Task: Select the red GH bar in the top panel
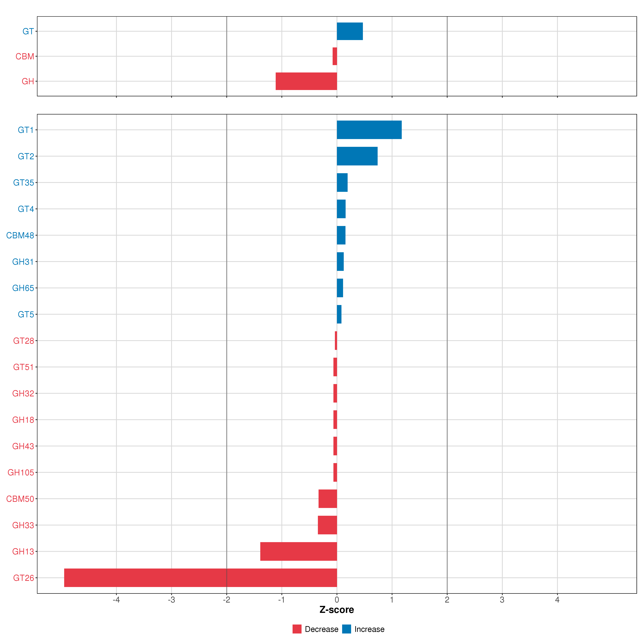306,81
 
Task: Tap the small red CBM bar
335,56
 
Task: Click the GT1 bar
369,130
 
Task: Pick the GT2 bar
357,156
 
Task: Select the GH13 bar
299,552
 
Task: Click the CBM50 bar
328,499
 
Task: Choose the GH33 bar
328,525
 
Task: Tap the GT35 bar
342,182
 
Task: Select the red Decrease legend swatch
297,629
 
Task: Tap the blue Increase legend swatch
346,629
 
